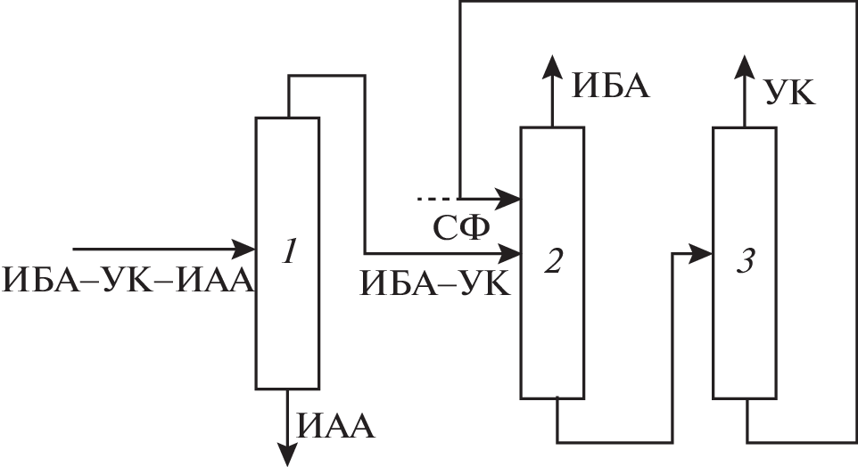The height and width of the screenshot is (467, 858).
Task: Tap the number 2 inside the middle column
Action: tap(554, 260)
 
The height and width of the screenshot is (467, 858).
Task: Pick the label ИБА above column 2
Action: tap(611, 86)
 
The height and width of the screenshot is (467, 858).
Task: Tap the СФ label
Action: tap(462, 228)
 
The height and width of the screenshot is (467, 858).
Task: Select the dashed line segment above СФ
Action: tap(437, 196)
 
